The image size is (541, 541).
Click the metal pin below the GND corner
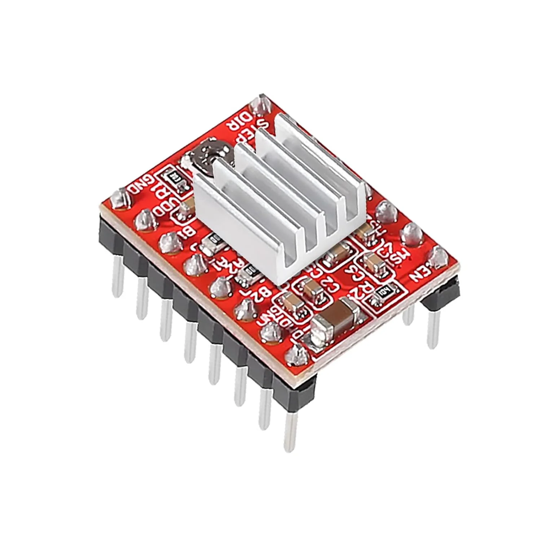[117, 276]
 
